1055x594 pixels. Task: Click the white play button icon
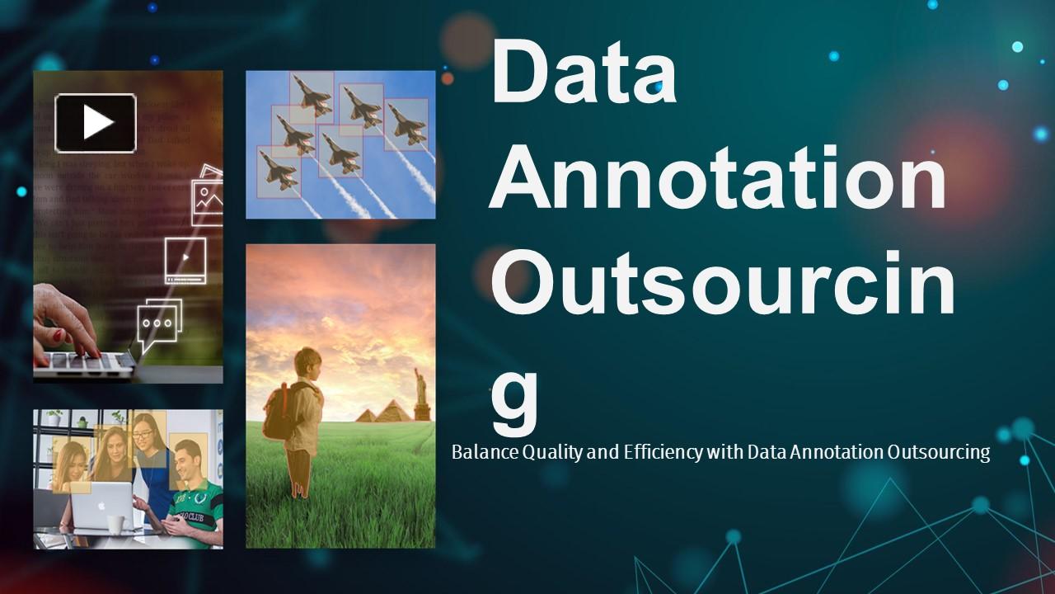pyautogui.click(x=96, y=123)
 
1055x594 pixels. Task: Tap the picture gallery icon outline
pyautogui.click(x=207, y=195)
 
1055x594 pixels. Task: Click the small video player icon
pyautogui.click(x=185, y=260)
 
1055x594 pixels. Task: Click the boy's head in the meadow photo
pyautogui.click(x=307, y=363)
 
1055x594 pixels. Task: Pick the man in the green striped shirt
pyautogui.click(x=195, y=495)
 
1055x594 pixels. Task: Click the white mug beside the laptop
pyautogui.click(x=115, y=525)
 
